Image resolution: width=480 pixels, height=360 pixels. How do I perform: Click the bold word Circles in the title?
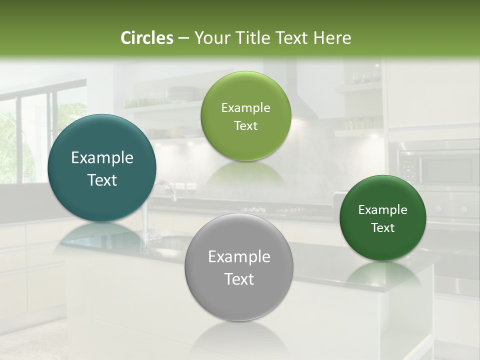pos(146,38)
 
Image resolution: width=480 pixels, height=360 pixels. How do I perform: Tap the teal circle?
pos(102,168)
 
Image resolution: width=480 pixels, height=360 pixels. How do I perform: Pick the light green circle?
pos(245,116)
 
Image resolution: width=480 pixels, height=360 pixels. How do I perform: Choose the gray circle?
pos(239,267)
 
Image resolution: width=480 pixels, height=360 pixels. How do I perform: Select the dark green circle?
pos(382,218)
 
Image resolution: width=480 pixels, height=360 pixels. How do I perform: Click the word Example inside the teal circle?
pos(102,158)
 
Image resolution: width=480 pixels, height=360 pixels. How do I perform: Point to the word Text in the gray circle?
pos(239,279)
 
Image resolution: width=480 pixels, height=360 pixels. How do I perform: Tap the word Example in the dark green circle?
pos(382,209)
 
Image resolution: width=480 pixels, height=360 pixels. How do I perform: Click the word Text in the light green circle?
pos(245,126)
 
